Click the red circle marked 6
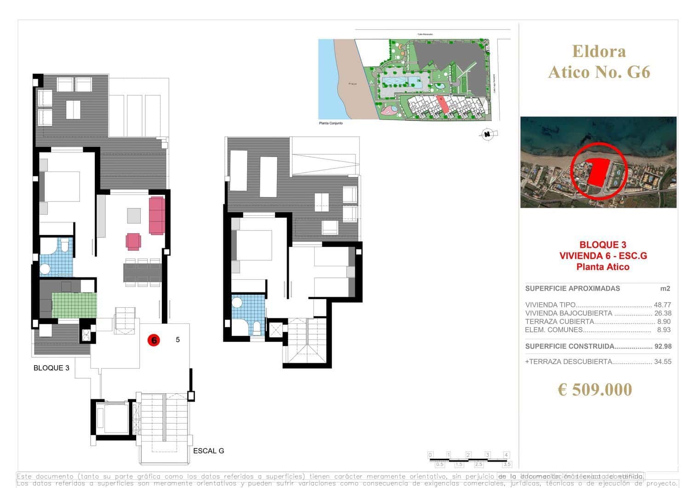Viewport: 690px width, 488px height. tap(154, 340)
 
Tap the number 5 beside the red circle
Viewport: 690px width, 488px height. tap(178, 340)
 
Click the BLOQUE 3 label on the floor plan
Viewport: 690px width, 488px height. tap(52, 368)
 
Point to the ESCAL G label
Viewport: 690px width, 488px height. tap(208, 451)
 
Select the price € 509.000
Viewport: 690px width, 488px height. tap(595, 390)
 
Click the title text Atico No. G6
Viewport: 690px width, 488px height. tap(599, 72)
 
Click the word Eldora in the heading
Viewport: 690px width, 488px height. tap(598, 51)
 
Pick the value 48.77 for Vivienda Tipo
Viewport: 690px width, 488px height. tap(662, 305)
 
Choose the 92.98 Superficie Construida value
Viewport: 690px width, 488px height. tap(662, 346)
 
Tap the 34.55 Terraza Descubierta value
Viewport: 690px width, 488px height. tap(662, 362)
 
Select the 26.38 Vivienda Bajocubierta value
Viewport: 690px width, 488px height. tap(662, 313)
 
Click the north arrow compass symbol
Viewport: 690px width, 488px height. tap(486, 134)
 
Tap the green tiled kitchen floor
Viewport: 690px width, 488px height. tap(74, 305)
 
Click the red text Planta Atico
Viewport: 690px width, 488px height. tap(603, 267)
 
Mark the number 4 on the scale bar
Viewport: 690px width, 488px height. tap(506, 455)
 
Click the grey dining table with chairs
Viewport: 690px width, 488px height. tap(142, 272)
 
